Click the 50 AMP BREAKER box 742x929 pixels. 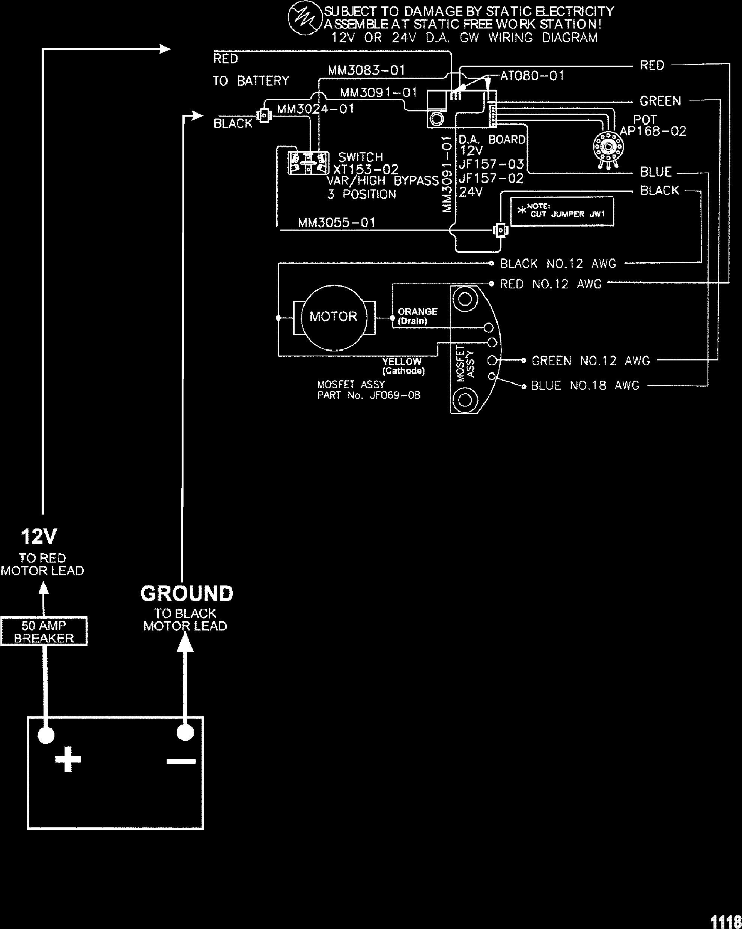point(44,631)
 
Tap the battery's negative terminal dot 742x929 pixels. point(185,732)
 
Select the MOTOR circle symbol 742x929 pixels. point(334,317)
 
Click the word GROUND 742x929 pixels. point(187,593)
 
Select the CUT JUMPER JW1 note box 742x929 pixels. point(562,211)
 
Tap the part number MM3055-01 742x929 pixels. point(337,223)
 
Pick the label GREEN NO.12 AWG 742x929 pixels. point(590,361)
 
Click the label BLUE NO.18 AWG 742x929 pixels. point(585,385)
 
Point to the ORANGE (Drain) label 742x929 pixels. point(417,316)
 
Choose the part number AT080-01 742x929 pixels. point(532,76)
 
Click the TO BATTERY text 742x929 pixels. point(251,81)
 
